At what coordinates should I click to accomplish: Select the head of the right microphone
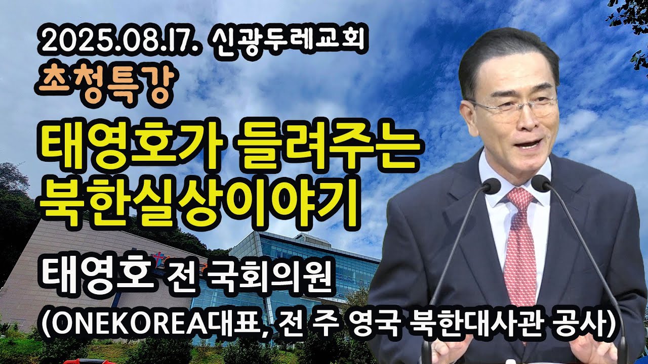click(x=541, y=183)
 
